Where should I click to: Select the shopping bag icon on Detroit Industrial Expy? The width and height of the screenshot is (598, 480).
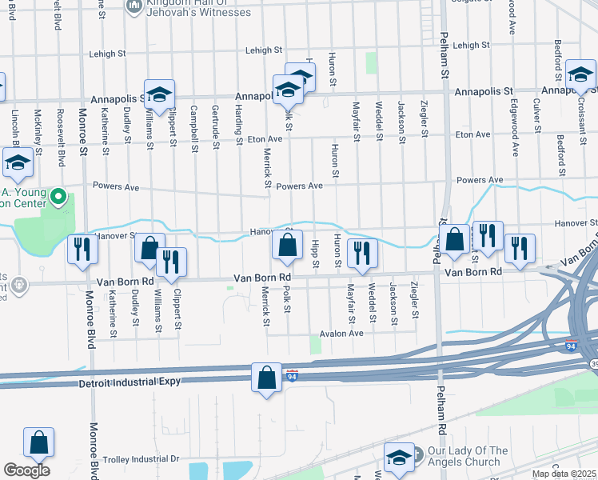click(x=266, y=378)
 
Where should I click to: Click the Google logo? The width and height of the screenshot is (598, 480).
click(x=26, y=470)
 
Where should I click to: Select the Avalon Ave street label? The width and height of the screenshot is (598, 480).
click(x=341, y=333)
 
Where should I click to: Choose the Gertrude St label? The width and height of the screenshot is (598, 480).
click(x=216, y=126)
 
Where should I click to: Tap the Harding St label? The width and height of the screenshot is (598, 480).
click(x=238, y=126)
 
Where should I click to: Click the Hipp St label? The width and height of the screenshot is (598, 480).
click(x=317, y=253)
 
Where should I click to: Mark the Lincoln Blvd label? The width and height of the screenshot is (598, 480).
click(x=15, y=128)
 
